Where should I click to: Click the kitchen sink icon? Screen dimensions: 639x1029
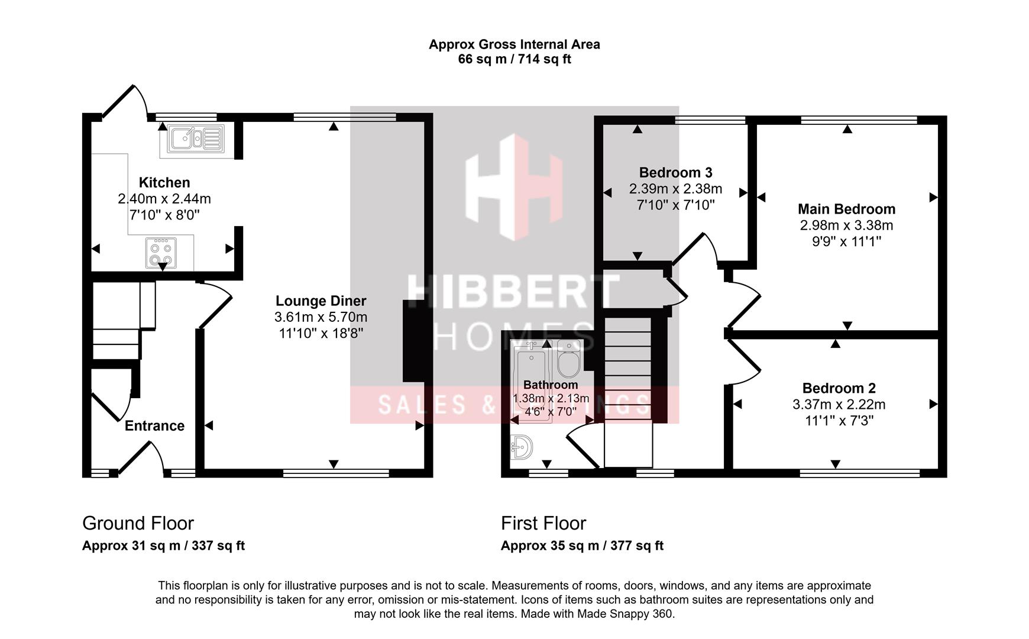pyautogui.click(x=196, y=139)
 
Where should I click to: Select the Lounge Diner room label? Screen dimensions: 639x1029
pyautogui.click(x=321, y=301)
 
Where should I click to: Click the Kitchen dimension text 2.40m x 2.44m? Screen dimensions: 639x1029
pyautogui.click(x=164, y=199)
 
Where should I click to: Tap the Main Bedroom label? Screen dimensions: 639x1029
pyautogui.click(x=846, y=209)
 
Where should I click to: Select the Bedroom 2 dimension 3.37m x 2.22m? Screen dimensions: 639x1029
pyautogui.click(x=839, y=405)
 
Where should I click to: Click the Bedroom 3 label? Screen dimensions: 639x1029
pyautogui.click(x=675, y=173)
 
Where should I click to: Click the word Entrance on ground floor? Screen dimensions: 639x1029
pyautogui.click(x=154, y=426)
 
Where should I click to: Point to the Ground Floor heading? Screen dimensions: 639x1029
pyautogui.click(x=138, y=523)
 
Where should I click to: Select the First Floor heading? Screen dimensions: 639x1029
pyautogui.click(x=543, y=523)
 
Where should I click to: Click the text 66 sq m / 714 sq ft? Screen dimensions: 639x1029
pyautogui.click(x=514, y=59)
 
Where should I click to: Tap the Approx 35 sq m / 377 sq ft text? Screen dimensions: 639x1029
pyautogui.click(x=582, y=546)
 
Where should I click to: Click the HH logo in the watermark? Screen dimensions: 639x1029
pyautogui.click(x=513, y=187)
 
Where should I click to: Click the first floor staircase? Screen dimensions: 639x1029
pyautogui.click(x=628, y=379)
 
